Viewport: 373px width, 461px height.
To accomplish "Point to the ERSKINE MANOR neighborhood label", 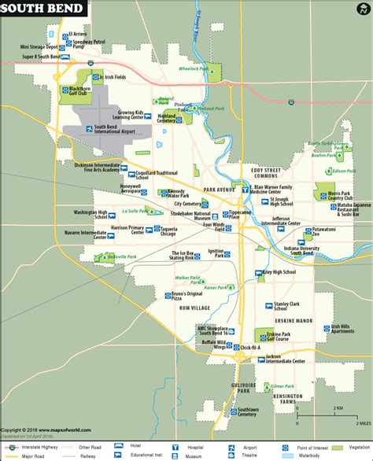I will tap(295, 322).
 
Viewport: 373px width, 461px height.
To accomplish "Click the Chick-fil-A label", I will tap(253, 348).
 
